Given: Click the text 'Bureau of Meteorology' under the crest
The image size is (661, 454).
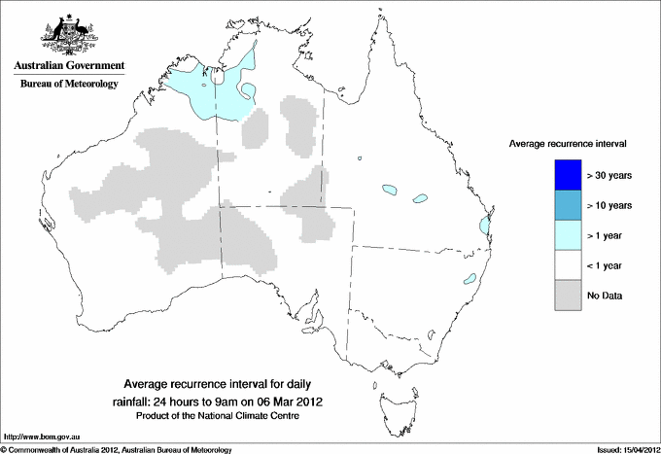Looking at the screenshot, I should [69, 85].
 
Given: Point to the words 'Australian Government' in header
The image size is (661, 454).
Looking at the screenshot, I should [69, 66].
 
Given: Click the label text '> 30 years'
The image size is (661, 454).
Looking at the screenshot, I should [610, 175].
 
